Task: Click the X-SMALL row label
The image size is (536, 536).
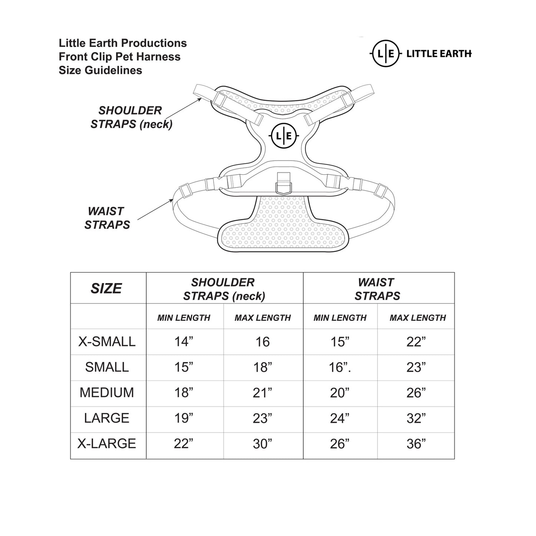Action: click(x=107, y=342)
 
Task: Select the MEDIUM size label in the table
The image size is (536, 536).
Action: click(x=107, y=392)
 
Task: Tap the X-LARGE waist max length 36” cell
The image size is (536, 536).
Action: click(x=416, y=444)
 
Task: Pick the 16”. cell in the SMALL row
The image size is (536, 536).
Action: click(x=340, y=367)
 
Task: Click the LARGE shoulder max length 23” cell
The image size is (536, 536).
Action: click(x=262, y=418)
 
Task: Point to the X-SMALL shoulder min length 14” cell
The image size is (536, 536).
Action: click(x=184, y=342)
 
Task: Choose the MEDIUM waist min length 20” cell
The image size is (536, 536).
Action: click(x=340, y=393)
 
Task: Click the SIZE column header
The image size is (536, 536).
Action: click(x=106, y=288)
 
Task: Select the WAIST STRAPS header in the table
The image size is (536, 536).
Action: click(x=377, y=289)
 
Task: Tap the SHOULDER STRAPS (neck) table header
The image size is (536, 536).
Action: click(x=224, y=289)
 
